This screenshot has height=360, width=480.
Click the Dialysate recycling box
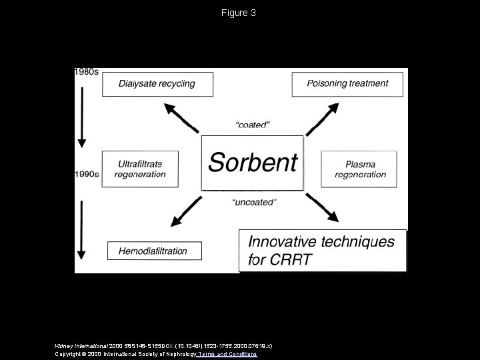point(157,84)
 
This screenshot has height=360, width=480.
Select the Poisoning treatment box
point(347,84)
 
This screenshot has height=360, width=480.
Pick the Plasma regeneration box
point(360,169)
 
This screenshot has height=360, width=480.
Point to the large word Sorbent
point(253,162)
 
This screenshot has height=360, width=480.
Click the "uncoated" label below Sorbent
point(253,202)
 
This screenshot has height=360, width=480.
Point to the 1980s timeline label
point(86,72)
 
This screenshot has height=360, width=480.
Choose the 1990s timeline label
point(87,175)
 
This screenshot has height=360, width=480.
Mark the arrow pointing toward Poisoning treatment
point(322,118)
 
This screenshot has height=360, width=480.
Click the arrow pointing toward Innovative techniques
point(323,207)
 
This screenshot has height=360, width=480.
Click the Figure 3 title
point(239,13)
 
